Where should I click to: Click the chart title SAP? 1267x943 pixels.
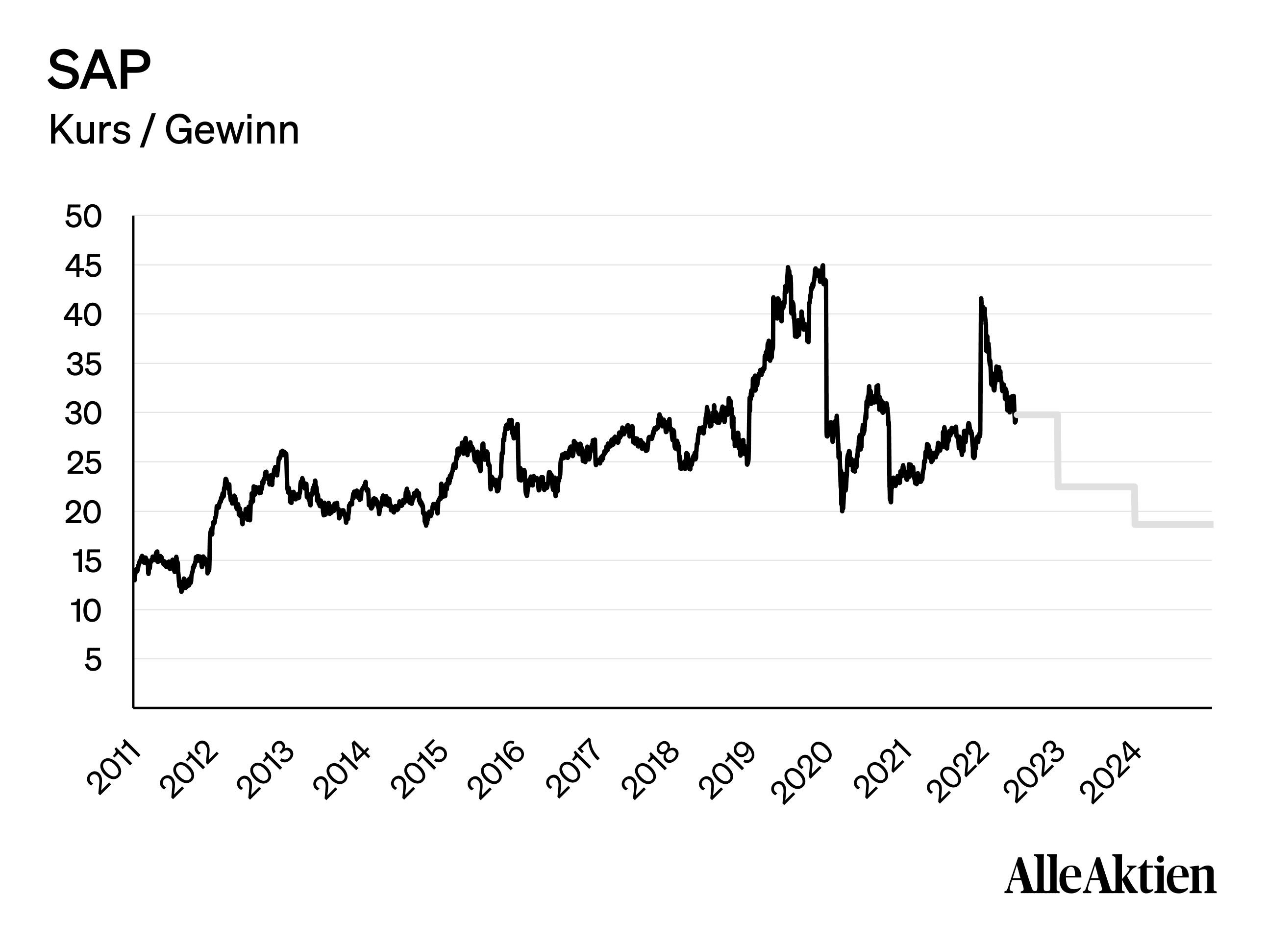point(99,70)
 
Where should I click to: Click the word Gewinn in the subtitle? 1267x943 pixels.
point(232,131)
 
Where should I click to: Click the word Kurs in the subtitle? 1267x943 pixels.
point(90,131)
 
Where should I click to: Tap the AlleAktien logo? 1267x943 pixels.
point(1110,876)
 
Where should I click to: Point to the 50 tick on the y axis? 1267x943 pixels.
point(83,217)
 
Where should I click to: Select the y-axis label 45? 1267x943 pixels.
point(83,266)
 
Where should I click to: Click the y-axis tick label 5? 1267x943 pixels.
point(93,660)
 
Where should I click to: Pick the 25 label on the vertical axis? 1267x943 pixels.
point(83,463)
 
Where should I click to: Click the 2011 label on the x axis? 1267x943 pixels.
point(114,768)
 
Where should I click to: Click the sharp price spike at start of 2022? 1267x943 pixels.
point(981,299)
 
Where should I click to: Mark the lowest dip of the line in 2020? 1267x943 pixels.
point(842,510)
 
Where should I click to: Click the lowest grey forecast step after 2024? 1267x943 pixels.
point(1173,524)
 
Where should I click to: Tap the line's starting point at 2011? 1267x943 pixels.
point(134,580)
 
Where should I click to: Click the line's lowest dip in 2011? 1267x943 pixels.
point(181,591)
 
